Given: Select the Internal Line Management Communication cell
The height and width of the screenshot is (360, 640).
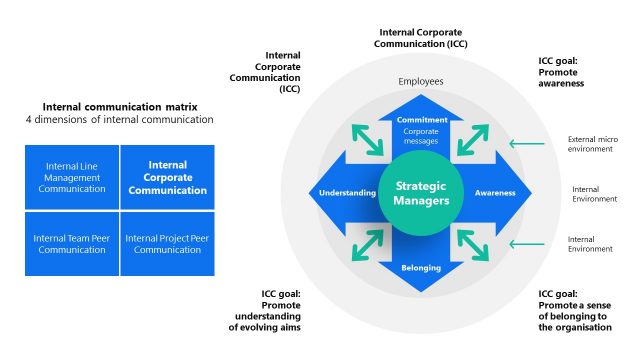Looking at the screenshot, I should pyautogui.click(x=72, y=177).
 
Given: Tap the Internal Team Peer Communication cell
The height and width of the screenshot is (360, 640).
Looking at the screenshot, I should pyautogui.click(x=72, y=243).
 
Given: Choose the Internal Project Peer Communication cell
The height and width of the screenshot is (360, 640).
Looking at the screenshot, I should pyautogui.click(x=168, y=243).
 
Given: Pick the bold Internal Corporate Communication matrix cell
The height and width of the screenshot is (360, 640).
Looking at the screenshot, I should pyautogui.click(x=168, y=177).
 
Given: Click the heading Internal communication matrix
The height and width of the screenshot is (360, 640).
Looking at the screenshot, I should pyautogui.click(x=120, y=106).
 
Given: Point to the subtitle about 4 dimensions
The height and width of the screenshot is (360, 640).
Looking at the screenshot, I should pyautogui.click(x=120, y=120).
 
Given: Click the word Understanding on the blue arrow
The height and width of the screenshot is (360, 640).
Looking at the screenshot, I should pyautogui.click(x=346, y=193).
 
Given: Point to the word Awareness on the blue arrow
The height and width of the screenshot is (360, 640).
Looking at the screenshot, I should pyautogui.click(x=495, y=193).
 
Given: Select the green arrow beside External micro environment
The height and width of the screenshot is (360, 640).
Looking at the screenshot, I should pyautogui.click(x=526, y=144).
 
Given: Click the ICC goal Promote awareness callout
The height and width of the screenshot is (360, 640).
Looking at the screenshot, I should pyautogui.click(x=561, y=72).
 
